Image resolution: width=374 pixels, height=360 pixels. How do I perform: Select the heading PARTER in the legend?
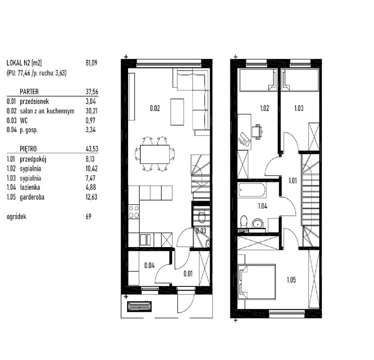click(30, 92)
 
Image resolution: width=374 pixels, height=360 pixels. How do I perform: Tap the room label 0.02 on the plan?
click(155, 108)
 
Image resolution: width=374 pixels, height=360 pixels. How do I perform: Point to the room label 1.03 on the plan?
click(298, 108)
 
